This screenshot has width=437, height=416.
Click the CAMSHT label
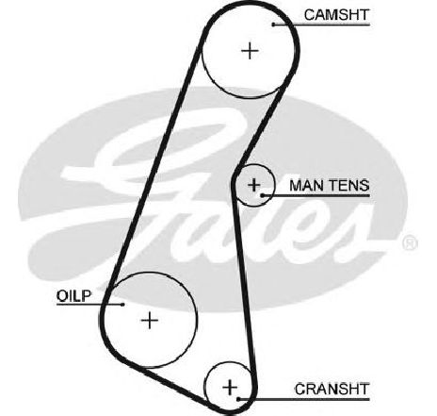coord(336,15)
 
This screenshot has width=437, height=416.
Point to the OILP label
coord(73,296)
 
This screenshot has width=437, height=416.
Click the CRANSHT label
coord(332,390)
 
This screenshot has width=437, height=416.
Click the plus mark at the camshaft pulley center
coord(250,51)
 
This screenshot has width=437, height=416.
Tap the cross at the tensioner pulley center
coord(254,185)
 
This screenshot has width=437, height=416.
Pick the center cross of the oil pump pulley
coord(150,321)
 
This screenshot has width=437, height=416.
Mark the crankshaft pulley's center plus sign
coord(230,388)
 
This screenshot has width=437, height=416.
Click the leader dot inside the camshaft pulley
coord(274,25)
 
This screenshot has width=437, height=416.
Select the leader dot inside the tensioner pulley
coord(262,195)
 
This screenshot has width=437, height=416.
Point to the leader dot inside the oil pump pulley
coord(123,305)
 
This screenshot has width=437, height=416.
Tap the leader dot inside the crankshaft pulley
coord(238,399)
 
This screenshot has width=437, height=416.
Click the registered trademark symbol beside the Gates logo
coord(410,243)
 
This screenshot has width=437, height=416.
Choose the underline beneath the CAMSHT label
coord(322,25)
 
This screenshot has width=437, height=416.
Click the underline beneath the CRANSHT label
coord(304,399)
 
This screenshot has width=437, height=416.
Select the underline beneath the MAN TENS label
coord(316,195)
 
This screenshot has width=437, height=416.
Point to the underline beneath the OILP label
coord(89,305)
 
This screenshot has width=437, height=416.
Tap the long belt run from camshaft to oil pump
coord(154,167)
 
